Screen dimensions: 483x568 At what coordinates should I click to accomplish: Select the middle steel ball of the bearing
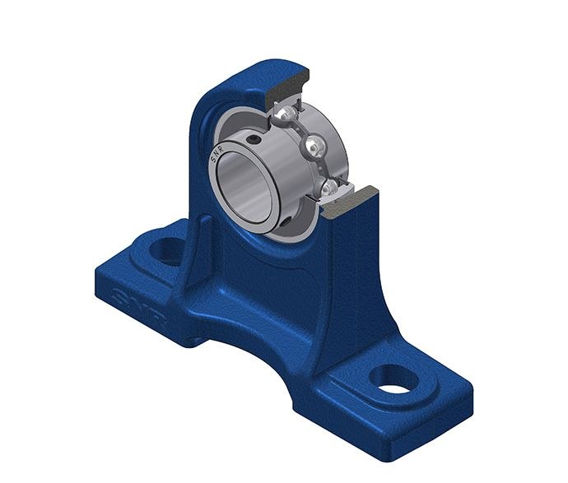(314, 147)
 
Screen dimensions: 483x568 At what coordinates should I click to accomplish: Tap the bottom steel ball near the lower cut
(328, 189)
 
